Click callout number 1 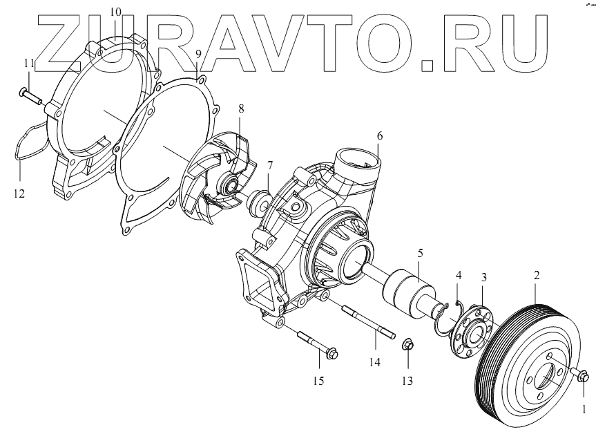(584, 409)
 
